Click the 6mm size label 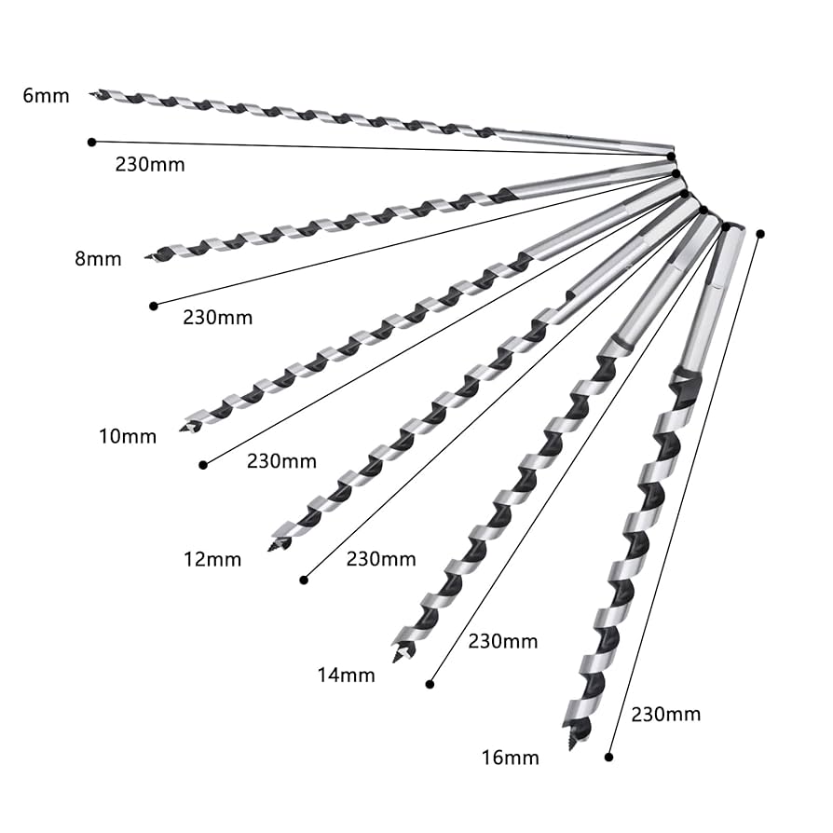point(46,95)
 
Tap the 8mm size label point(98,259)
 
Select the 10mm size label point(128,435)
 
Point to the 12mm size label point(212,559)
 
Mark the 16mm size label point(510,758)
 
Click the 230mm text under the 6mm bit point(150,165)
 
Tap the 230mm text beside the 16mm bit point(665,715)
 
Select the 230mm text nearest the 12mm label point(380,559)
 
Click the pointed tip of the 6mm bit point(92,93)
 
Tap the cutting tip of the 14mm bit point(398,658)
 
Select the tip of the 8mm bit point(147,256)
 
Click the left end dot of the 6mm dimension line point(91,142)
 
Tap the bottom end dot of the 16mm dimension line point(608,758)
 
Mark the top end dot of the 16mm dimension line point(760,233)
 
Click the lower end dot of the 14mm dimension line point(430,684)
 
